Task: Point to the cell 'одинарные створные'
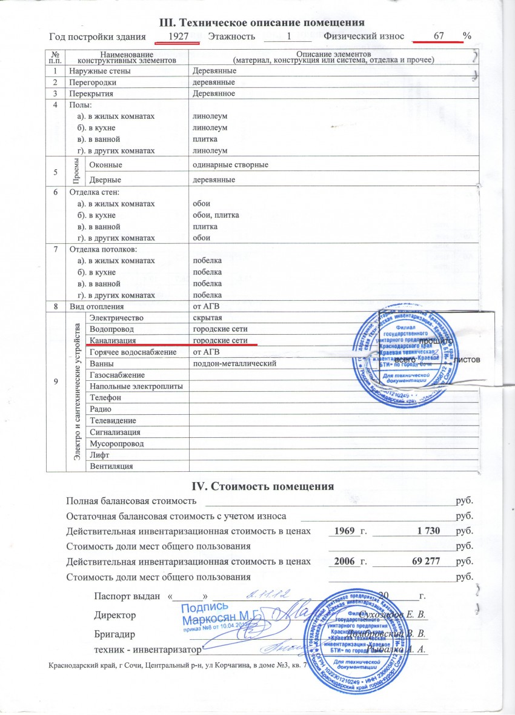click(230, 165)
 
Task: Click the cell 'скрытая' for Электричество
click(207, 318)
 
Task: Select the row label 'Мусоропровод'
click(116, 443)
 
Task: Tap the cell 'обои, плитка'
click(216, 215)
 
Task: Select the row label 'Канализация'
click(112, 341)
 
